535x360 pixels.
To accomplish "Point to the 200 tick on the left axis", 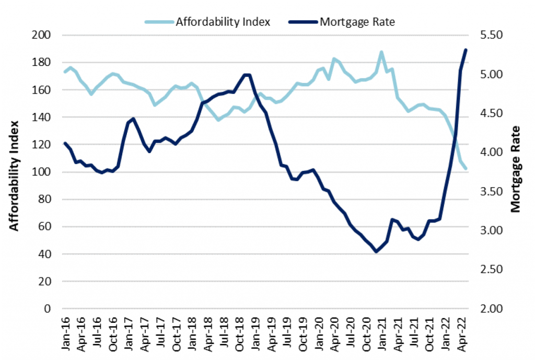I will pyautogui.click(x=42, y=35).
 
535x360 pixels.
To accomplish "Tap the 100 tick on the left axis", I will pyautogui.click(x=42, y=172).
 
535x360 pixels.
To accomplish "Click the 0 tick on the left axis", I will pyautogui.click(x=47, y=309).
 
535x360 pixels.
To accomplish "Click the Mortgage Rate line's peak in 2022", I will pyautogui.click(x=466, y=50).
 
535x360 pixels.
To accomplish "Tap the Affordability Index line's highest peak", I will pyautogui.click(x=381, y=52).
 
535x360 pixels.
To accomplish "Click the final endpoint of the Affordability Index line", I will pyautogui.click(x=466, y=169).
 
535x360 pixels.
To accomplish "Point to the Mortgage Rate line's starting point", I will pyautogui.click(x=65, y=143).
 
